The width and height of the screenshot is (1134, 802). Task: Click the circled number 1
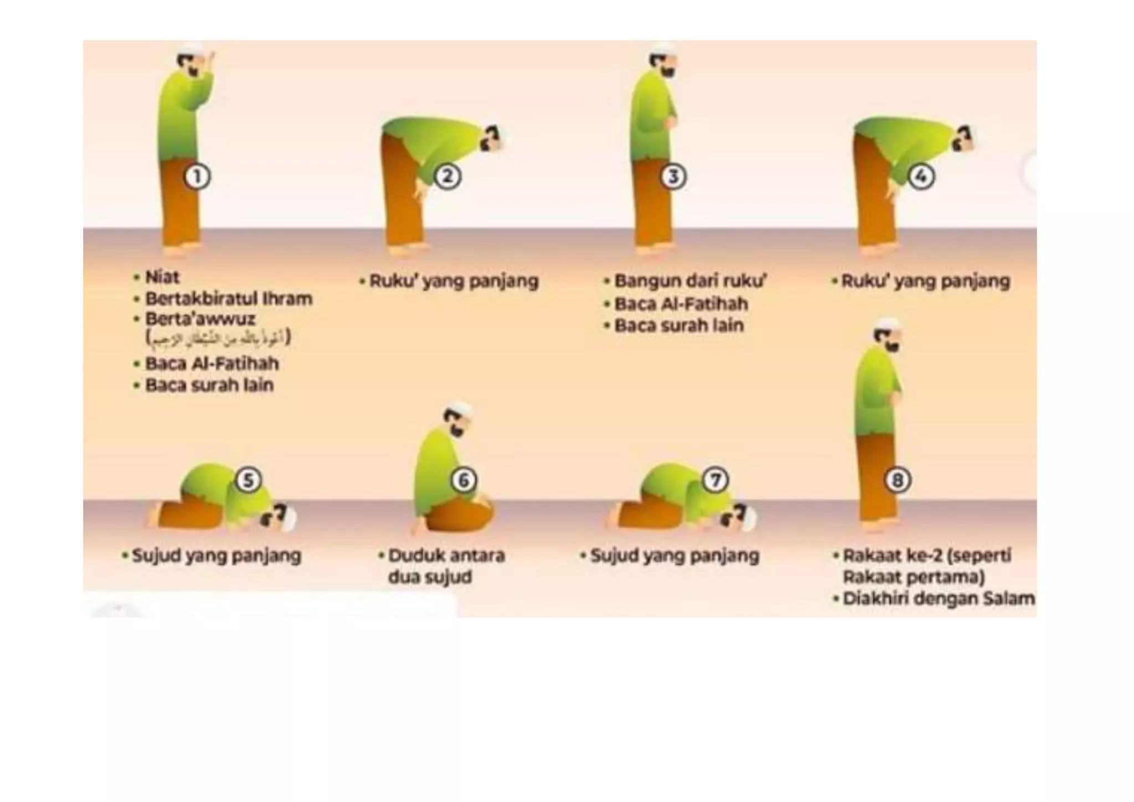(x=197, y=177)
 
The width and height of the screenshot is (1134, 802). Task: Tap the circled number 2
(x=447, y=177)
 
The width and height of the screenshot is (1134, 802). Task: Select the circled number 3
(x=673, y=177)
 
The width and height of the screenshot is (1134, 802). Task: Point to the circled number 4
(x=921, y=177)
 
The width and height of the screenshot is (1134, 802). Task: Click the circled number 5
(x=249, y=480)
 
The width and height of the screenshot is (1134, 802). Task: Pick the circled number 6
(x=463, y=480)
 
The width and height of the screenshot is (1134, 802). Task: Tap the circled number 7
(x=715, y=480)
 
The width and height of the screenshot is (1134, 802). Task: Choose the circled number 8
(x=898, y=480)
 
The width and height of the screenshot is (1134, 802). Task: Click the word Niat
(x=162, y=277)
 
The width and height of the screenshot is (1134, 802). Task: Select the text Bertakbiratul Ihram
(x=228, y=299)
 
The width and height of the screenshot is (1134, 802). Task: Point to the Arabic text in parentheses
(x=218, y=338)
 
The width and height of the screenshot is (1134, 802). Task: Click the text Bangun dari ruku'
(x=690, y=281)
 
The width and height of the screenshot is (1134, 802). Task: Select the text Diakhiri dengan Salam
(x=938, y=599)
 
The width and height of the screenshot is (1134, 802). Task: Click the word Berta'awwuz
(x=200, y=319)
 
